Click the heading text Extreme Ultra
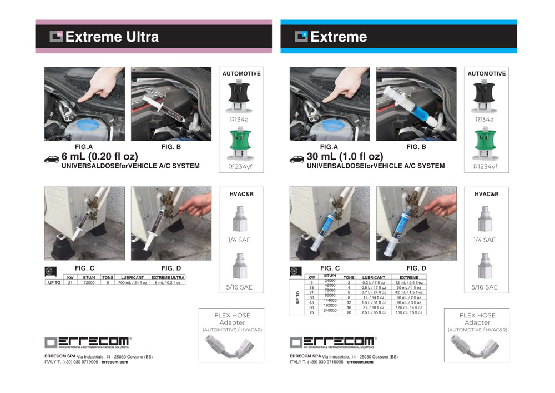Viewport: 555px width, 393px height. pos(112,37)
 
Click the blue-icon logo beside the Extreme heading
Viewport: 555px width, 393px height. pos(301,37)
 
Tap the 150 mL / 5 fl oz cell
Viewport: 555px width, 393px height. pos(409,313)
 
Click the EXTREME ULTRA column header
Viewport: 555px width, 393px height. pos(168,277)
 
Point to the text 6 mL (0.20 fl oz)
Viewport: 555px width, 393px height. pos(99,157)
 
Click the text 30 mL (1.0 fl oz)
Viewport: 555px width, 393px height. pos(345,157)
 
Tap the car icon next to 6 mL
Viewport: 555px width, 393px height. pos(52,160)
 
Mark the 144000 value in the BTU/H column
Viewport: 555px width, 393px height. pos(330,300)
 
